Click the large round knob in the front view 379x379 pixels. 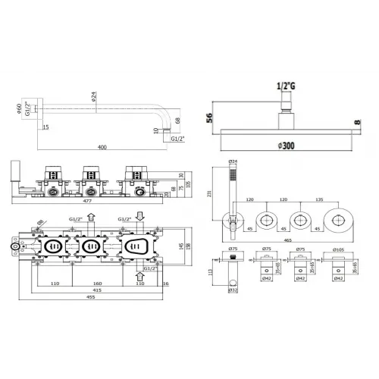pos(337,221)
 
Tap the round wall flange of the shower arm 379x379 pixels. pos(39,109)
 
